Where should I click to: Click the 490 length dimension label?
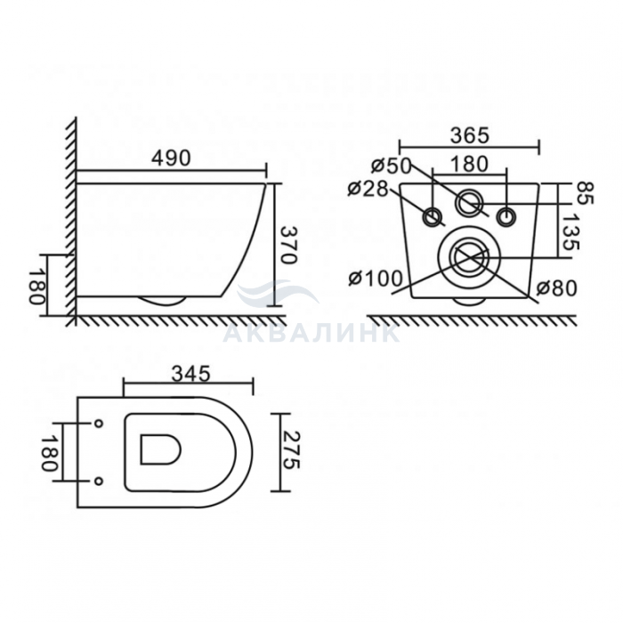171,158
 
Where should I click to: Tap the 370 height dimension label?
289,245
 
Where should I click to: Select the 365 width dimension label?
469,135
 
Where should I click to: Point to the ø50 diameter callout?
392,166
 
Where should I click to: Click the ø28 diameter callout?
368,189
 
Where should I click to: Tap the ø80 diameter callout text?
556,288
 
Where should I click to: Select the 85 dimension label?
585,193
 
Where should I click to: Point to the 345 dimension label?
190,374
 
